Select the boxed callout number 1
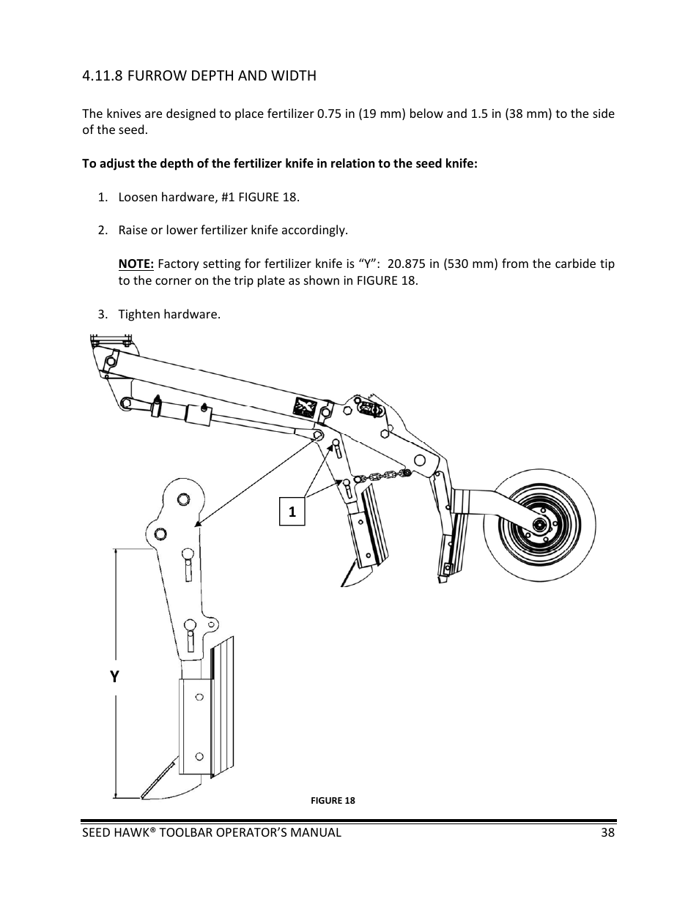click(x=292, y=512)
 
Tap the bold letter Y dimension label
click(x=114, y=677)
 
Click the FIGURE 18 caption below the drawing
click(x=333, y=800)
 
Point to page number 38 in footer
click(x=607, y=832)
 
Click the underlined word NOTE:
click(x=136, y=264)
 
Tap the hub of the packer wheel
click(x=539, y=524)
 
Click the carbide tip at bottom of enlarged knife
click(x=144, y=794)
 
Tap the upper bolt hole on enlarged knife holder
click(x=198, y=698)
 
